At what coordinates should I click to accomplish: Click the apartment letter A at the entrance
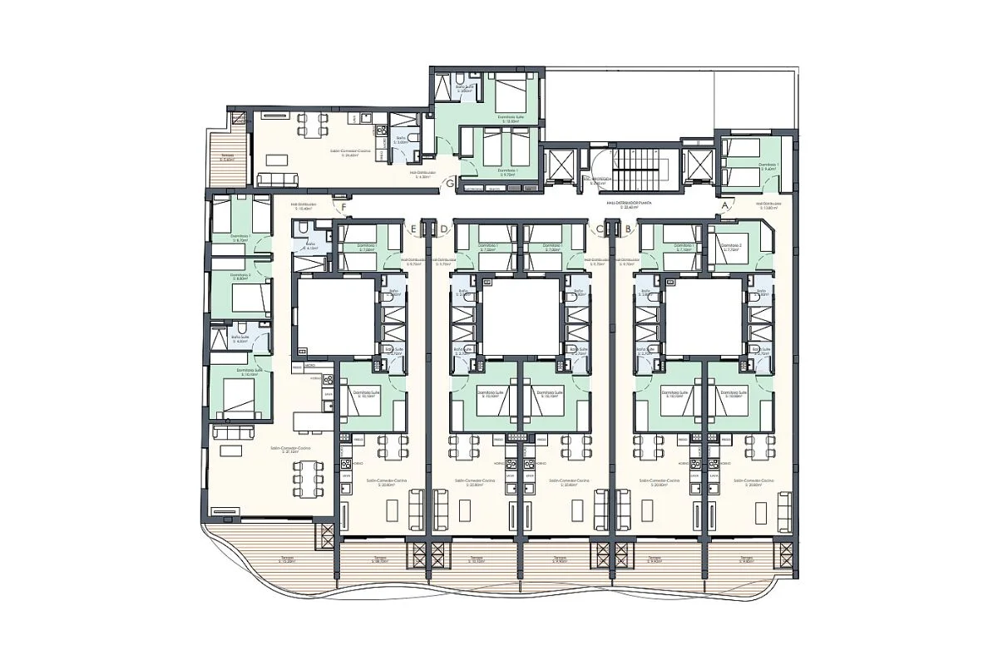[725, 204]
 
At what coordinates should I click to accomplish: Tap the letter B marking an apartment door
[628, 228]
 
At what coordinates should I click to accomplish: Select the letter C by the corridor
[599, 228]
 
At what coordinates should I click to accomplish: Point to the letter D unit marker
[443, 228]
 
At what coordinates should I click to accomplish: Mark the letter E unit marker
[413, 228]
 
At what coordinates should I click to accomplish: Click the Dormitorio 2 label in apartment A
[731, 246]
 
